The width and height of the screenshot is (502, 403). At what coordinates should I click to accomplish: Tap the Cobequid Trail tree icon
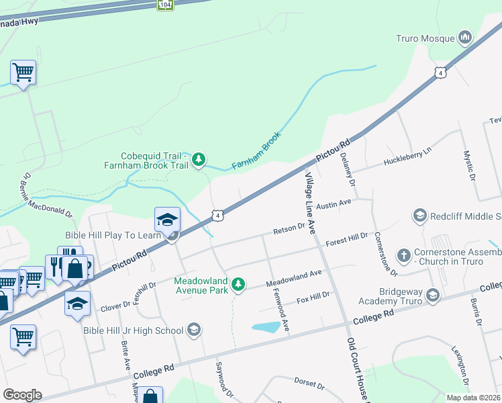pyautogui.click(x=198, y=159)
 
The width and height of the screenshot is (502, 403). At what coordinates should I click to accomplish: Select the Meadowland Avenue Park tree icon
pyautogui.click(x=238, y=285)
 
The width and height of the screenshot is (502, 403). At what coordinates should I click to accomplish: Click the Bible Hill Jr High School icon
pyautogui.click(x=193, y=329)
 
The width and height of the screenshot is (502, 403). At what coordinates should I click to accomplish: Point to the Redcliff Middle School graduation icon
pyautogui.click(x=420, y=216)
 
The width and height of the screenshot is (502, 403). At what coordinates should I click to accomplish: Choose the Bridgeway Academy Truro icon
pyautogui.click(x=433, y=294)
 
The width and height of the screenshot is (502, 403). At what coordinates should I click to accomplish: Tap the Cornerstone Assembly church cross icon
pyautogui.click(x=403, y=255)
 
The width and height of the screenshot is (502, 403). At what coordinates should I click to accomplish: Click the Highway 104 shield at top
pyautogui.click(x=165, y=4)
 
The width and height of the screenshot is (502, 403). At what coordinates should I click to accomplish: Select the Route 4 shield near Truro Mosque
pyautogui.click(x=440, y=72)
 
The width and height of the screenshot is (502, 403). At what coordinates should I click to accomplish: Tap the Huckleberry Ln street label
pyautogui.click(x=406, y=159)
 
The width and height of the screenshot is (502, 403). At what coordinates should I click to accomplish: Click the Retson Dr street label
pyautogui.click(x=289, y=230)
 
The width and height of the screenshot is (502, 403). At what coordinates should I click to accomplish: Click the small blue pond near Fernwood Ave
pyautogui.click(x=266, y=327)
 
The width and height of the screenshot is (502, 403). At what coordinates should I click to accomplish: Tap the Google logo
pyautogui.click(x=22, y=395)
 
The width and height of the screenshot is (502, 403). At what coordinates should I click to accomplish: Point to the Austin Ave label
pyautogui.click(x=334, y=202)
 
